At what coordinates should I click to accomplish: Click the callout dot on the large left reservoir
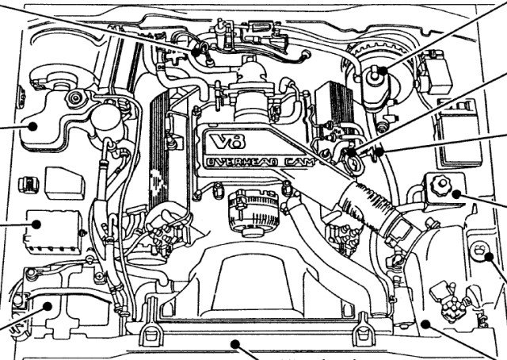(x=33, y=124)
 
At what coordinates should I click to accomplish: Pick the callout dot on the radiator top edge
(x=234, y=343)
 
